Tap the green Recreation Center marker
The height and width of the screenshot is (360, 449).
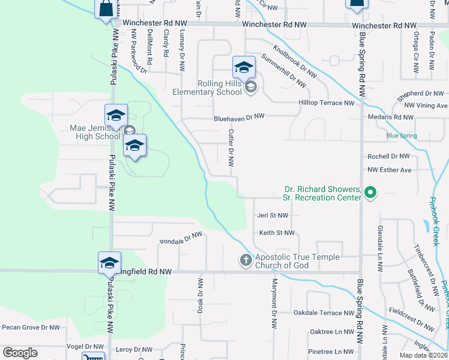pos(370,193)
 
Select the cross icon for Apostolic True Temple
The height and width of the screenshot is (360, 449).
pos(246,261)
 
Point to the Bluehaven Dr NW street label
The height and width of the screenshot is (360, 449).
pos(239,118)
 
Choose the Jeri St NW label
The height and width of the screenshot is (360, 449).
pos(273,215)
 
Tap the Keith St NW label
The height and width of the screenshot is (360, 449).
pos(276,233)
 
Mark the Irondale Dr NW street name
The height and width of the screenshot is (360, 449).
pos(181,238)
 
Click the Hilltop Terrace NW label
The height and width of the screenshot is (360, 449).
pos(327,103)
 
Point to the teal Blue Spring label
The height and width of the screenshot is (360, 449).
pos(402,136)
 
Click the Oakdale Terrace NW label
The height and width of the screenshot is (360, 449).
pos(324,313)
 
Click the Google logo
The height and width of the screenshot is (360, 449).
pos(20,353)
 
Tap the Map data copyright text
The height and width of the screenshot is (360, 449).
pos(424,355)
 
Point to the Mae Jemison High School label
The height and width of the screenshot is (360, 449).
pos(95,132)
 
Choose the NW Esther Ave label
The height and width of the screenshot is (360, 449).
pos(390,170)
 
